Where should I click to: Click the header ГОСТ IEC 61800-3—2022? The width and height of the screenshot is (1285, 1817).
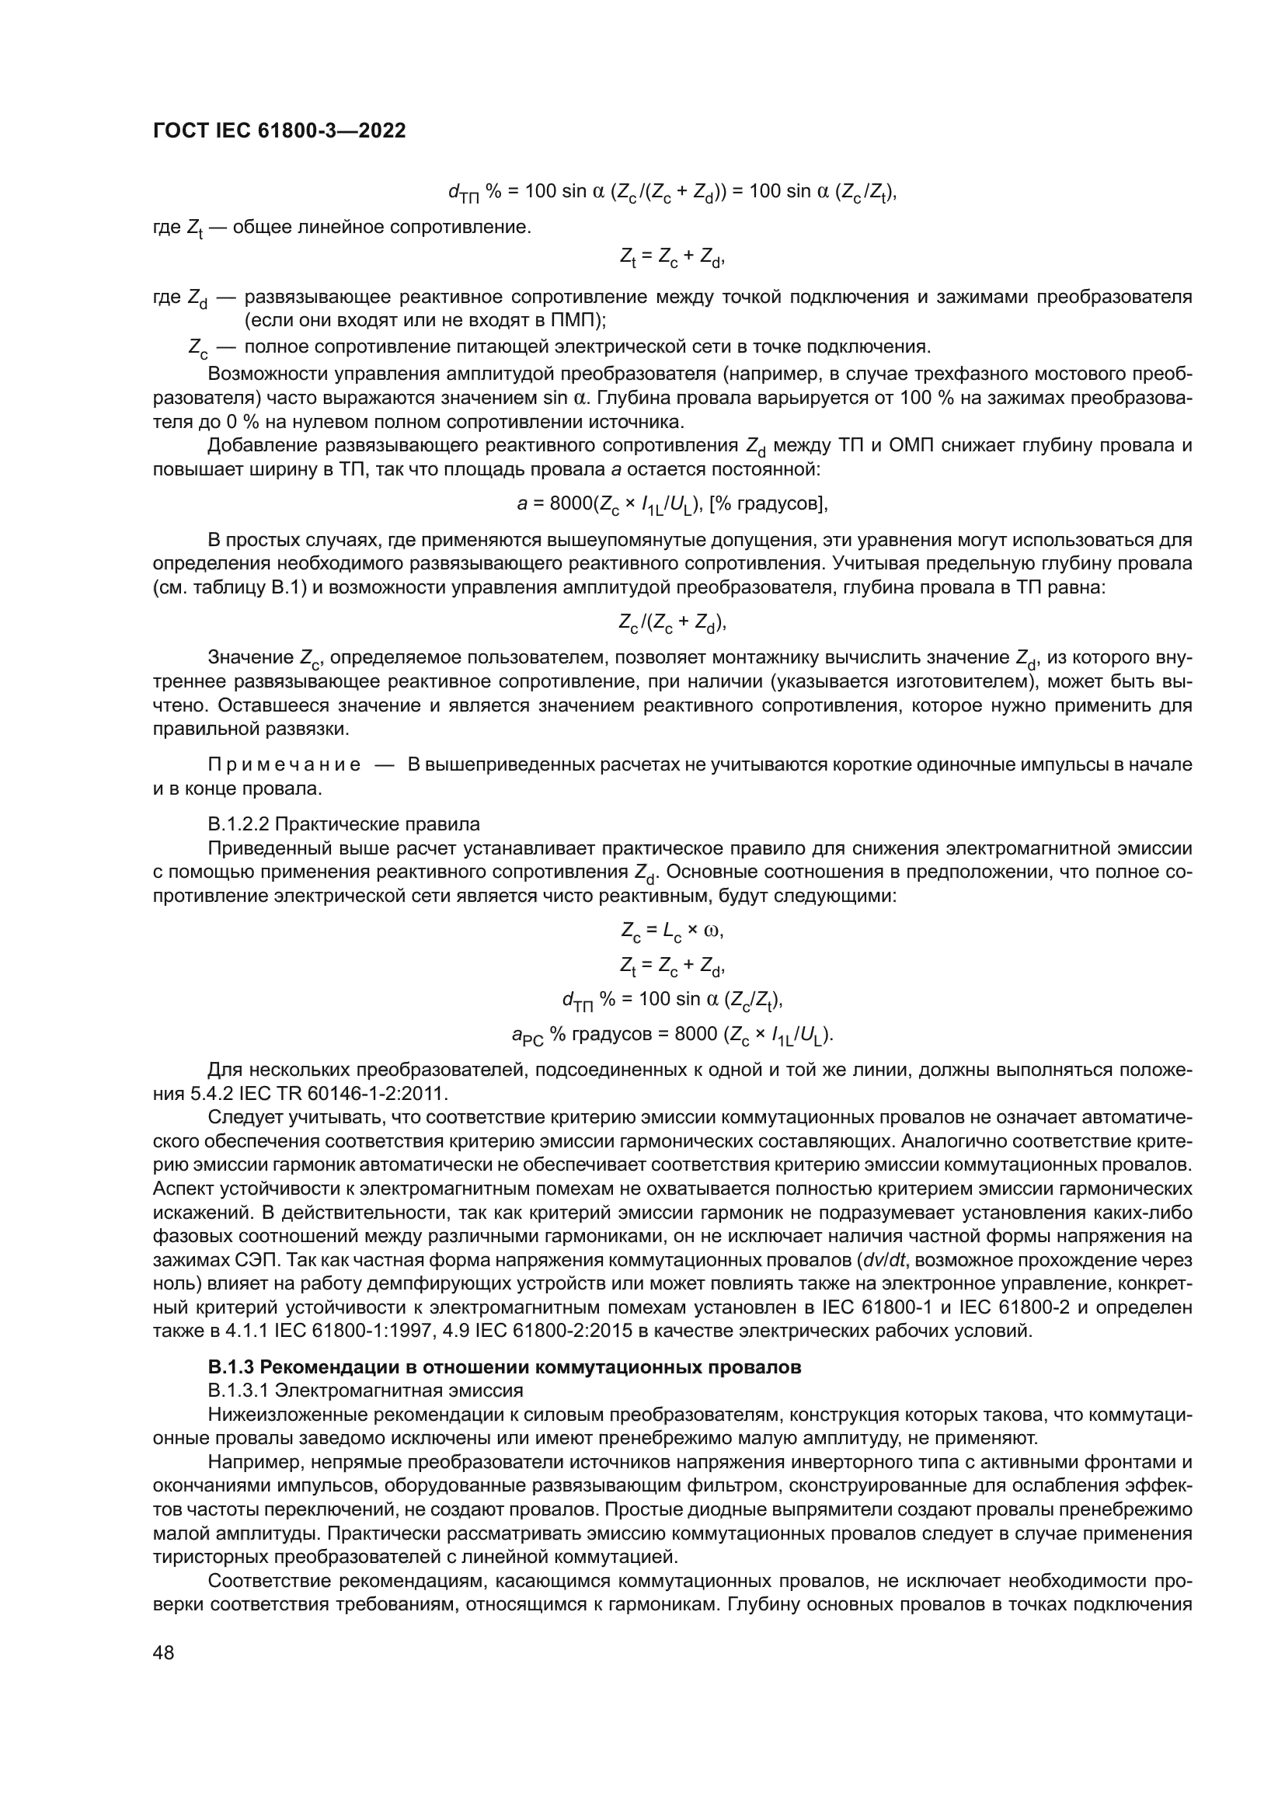pyautogui.click(x=279, y=131)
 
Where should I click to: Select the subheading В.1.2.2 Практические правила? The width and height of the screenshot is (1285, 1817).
pyautogui.click(x=343, y=823)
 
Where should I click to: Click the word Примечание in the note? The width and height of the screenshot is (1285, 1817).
pyautogui.click(x=284, y=765)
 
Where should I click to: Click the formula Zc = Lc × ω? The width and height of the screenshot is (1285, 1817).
pyautogui.click(x=673, y=931)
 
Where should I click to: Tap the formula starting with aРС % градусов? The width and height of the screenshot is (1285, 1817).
pyautogui.click(x=673, y=1035)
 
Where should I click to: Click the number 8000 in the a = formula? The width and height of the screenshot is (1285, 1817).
pyautogui.click(x=570, y=503)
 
